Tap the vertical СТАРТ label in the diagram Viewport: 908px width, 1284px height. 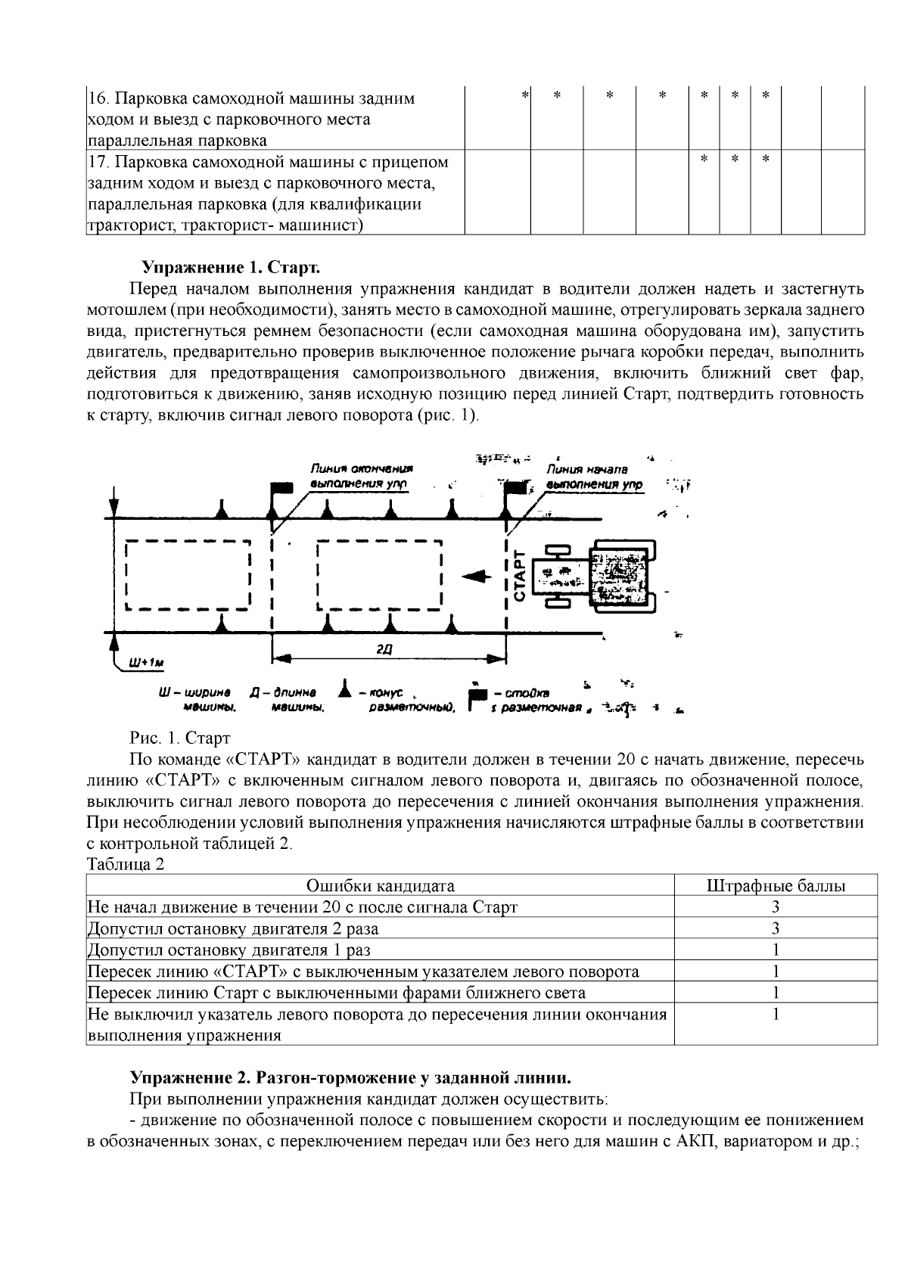[520, 576]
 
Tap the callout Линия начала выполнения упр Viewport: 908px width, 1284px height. [595, 476]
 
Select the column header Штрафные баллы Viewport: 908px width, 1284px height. [776, 885]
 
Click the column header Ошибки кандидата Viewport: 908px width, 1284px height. [381, 885]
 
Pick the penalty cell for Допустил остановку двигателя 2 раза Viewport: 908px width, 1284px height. [776, 928]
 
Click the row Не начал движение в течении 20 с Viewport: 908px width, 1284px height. [303, 906]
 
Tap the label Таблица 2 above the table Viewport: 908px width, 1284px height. [126, 865]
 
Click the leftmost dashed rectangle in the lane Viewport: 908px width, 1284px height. [188, 575]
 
